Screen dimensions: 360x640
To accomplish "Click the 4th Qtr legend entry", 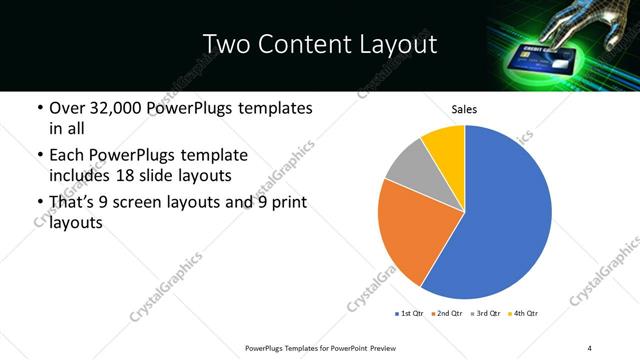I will click(523, 314).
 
